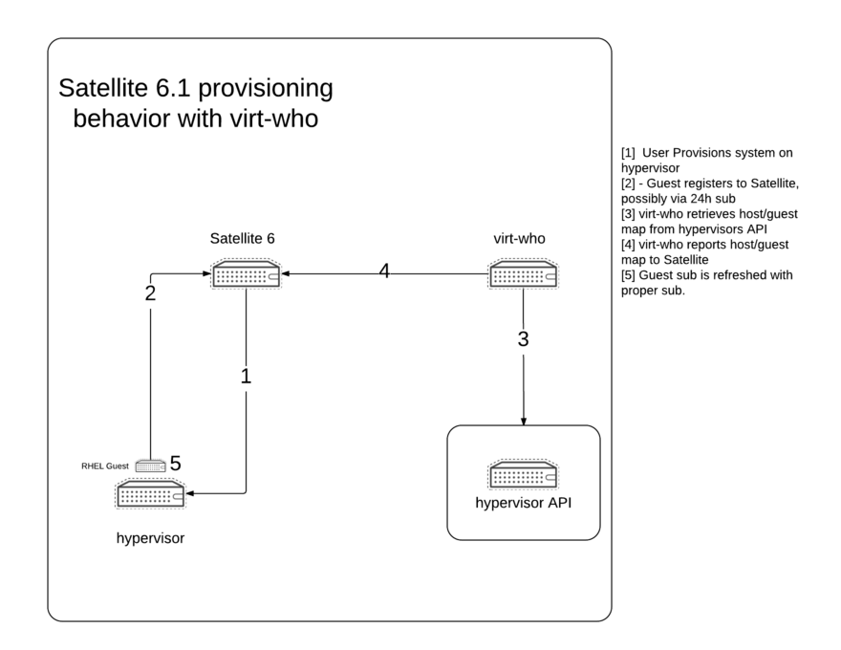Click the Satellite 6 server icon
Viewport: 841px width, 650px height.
click(x=246, y=274)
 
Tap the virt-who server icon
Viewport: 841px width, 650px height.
click(x=524, y=274)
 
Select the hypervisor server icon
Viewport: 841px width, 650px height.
click(x=150, y=494)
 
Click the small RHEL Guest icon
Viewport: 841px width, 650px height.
click(x=150, y=466)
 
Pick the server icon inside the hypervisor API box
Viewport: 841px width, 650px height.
click(x=523, y=475)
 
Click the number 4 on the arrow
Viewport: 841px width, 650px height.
click(x=384, y=271)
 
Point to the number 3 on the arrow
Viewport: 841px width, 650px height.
click(x=523, y=338)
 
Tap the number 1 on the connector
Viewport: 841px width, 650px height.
click(x=246, y=376)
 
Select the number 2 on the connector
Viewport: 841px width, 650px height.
click(x=150, y=293)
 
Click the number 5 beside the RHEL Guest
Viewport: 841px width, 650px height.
click(x=175, y=464)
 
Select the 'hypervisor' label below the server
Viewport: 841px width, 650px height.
click(x=150, y=537)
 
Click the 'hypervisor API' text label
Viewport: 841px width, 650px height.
click(x=523, y=504)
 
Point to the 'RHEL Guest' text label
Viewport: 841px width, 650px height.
click(x=105, y=466)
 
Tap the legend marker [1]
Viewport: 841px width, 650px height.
click(x=628, y=153)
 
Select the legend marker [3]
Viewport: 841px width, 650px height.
click(x=628, y=214)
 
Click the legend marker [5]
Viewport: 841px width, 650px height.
click(x=628, y=275)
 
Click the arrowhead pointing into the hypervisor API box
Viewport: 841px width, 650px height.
click(x=523, y=421)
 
